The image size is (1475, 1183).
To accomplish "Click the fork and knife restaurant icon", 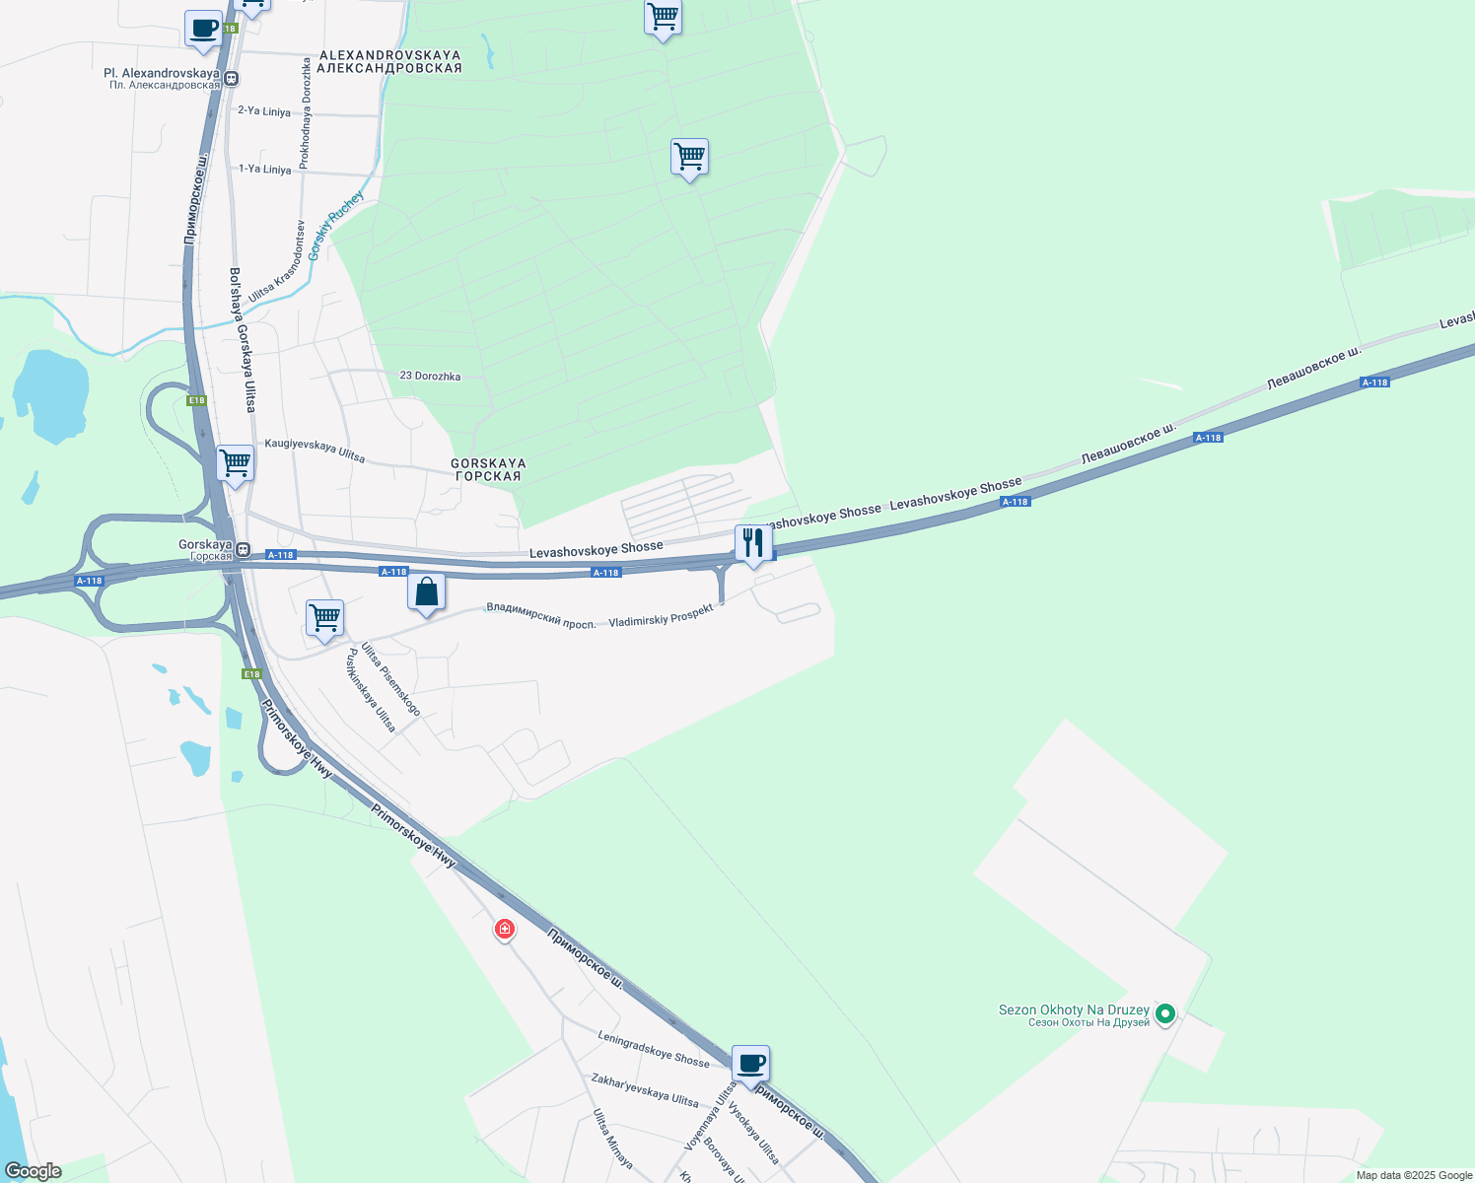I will coord(753,543).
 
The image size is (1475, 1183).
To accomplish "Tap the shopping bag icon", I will coord(426,592).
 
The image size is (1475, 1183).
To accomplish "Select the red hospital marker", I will coord(504,929).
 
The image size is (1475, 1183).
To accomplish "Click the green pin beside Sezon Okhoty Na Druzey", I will coord(1164,1012).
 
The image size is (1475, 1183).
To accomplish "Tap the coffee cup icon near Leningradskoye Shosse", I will coord(750,1065).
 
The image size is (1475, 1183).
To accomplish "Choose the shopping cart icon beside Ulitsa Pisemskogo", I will coord(324,619).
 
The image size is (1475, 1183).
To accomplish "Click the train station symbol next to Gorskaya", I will coord(243,550).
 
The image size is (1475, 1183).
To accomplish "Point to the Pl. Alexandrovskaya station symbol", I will coord(230,79).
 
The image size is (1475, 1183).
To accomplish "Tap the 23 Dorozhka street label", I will coord(430,377).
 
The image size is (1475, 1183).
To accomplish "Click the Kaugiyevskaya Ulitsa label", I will coord(315,451).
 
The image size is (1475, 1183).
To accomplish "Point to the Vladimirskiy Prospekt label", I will coord(661,616).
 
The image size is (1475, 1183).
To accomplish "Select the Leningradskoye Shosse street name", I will coord(653,1048).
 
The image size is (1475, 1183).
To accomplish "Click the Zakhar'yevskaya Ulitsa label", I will coord(645,1089).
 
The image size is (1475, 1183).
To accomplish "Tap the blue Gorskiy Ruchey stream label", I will coord(335,225).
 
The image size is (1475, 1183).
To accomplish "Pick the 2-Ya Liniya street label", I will coord(264,111).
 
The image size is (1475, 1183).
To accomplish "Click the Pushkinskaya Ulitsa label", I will coord(371,690).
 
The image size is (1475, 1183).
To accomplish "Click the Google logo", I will coord(34,1171).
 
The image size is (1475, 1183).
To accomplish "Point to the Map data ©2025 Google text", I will coord(1414,1175).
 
